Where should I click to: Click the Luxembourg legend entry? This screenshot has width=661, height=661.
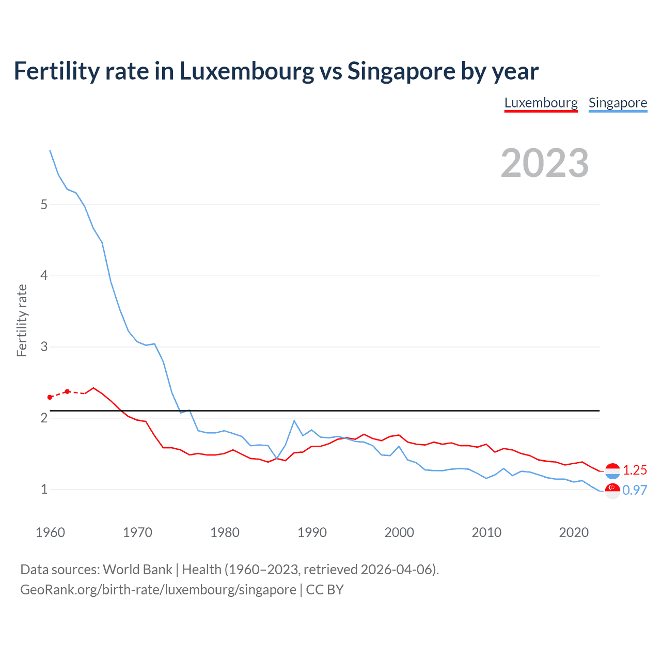(541, 103)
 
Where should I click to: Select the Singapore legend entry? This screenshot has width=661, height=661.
(618, 103)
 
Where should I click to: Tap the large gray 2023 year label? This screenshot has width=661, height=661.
(545, 163)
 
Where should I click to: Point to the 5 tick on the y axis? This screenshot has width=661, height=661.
(44, 204)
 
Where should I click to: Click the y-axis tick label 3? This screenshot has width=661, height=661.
(44, 347)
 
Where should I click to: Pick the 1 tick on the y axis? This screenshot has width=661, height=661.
(44, 489)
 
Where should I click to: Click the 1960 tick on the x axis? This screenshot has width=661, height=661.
(50, 532)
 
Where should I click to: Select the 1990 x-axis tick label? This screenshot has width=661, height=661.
(312, 532)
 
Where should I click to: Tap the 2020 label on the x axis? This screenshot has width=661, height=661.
(574, 532)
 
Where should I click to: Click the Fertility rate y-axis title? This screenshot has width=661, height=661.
(22, 320)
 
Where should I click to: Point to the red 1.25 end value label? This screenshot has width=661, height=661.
(635, 470)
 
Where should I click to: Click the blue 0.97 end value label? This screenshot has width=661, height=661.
(635, 490)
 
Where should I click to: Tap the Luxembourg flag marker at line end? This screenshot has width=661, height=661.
(612, 470)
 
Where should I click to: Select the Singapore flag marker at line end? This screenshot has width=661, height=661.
(612, 491)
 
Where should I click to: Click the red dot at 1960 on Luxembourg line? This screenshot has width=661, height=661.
(50, 397)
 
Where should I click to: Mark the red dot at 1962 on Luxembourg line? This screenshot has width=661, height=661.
(67, 391)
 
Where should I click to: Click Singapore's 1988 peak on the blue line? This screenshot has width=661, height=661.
(294, 421)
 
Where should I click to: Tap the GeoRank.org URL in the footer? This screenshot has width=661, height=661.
(158, 590)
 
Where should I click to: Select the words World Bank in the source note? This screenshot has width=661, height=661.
(137, 570)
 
